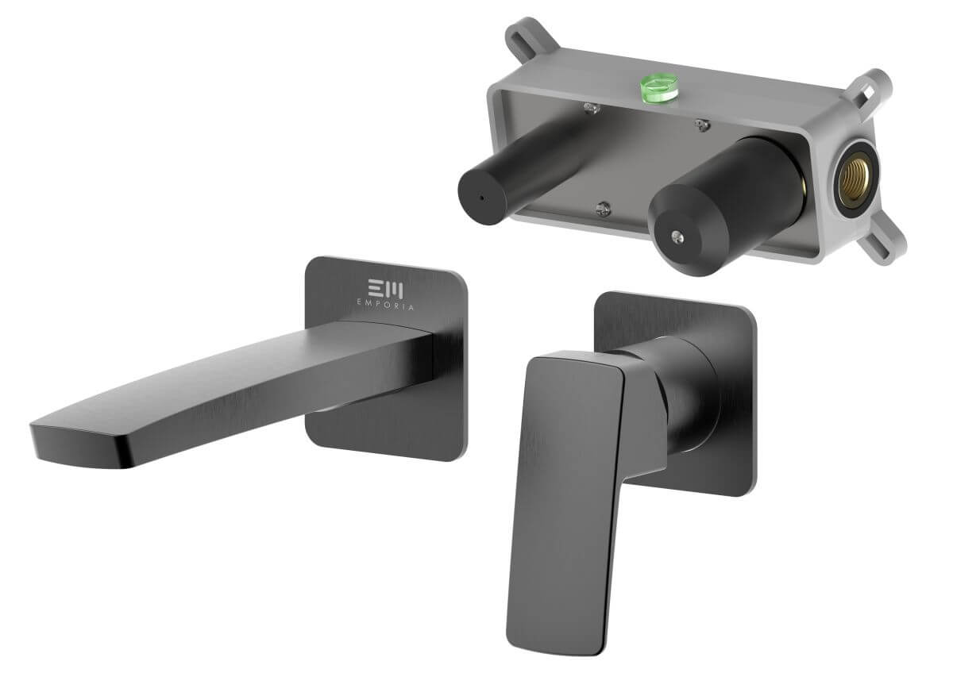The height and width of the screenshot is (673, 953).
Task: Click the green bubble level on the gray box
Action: [659, 88]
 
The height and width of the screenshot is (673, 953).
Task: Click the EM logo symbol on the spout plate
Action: [385, 289]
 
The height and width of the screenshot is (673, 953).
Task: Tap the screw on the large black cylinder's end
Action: [677, 237]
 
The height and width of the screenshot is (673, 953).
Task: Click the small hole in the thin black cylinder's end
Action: [481, 198]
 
